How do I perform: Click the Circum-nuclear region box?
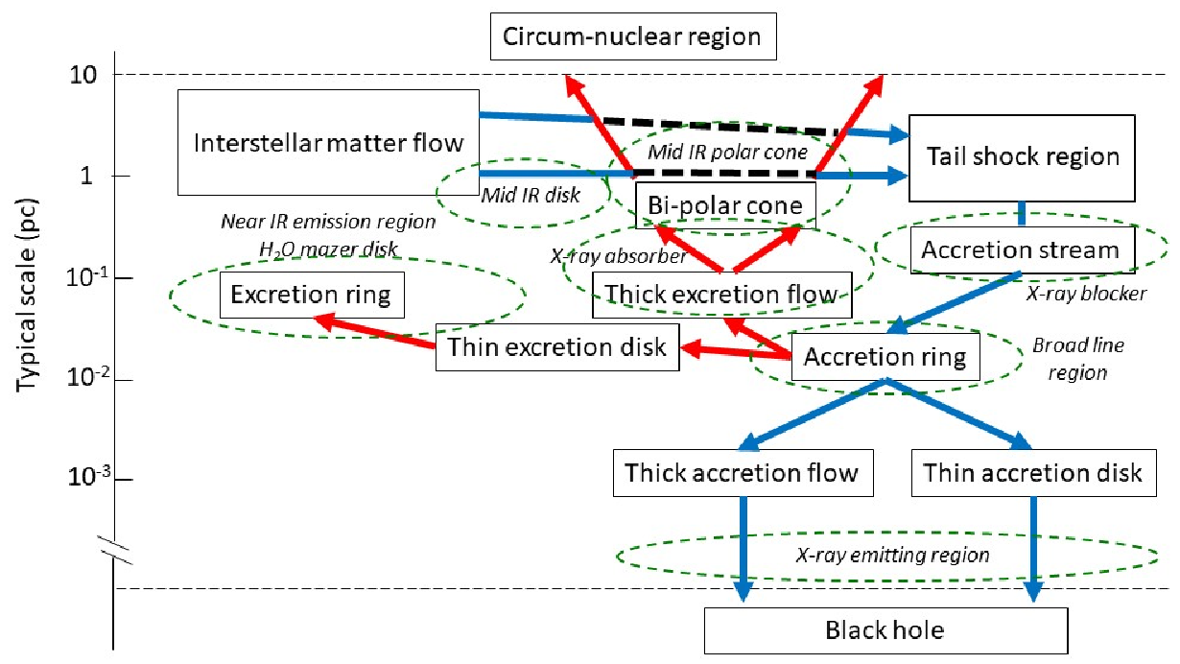point(633,36)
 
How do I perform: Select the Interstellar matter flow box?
point(328,142)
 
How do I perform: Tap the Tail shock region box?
point(1022,158)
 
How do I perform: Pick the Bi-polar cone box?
point(725,205)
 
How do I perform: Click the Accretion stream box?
point(1023,249)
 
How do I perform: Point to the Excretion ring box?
point(312,295)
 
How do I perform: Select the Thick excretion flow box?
point(721,295)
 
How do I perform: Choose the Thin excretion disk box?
point(557,347)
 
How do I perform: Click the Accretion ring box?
point(885,357)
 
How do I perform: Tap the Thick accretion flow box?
point(743,473)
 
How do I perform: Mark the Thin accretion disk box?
point(1034,473)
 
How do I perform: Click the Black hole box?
point(886,630)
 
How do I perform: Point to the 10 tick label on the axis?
point(83,76)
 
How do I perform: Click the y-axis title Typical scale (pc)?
point(27,296)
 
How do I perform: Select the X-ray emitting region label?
point(892,555)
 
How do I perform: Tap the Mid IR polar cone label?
point(727,153)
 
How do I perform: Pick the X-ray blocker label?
point(1086,294)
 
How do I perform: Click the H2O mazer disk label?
point(328,249)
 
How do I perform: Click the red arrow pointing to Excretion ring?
point(374,331)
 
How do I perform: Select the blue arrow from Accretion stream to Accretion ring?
point(955,302)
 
